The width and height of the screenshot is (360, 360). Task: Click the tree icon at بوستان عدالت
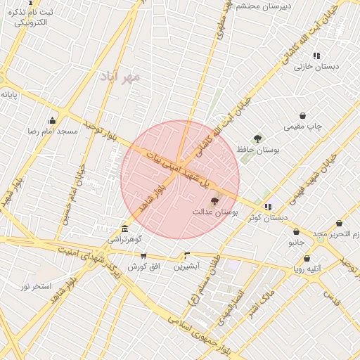click(214, 201)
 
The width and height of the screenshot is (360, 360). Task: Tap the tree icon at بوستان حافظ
click(257, 139)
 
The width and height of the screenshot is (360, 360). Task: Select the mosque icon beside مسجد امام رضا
click(52, 120)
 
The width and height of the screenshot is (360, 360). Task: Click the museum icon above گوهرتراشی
click(124, 229)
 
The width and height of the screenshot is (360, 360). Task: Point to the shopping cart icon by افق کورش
click(144, 256)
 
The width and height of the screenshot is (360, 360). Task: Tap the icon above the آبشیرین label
click(187, 256)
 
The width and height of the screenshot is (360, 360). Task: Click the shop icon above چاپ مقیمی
click(303, 116)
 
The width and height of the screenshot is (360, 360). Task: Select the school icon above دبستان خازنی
click(316, 56)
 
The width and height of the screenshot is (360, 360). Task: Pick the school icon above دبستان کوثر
click(268, 207)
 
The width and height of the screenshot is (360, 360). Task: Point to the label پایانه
click(9, 94)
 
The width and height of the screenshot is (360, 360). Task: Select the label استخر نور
click(36, 285)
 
